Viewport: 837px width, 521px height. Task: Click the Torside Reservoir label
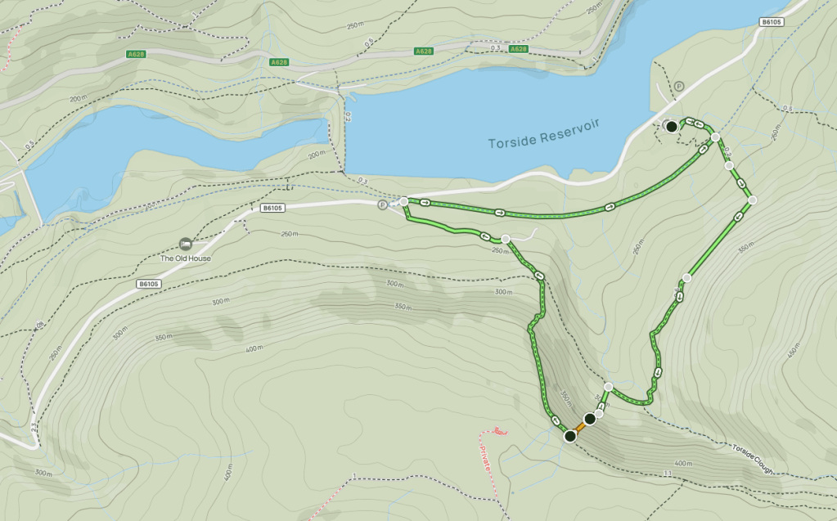(544, 133)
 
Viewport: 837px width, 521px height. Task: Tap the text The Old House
(185, 258)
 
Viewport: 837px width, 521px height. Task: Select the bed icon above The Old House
(185, 244)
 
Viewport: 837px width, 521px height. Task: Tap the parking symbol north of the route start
(678, 86)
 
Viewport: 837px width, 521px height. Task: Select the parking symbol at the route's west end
(382, 204)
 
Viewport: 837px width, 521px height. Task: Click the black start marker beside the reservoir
(671, 127)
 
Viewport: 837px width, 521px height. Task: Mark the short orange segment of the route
(578, 428)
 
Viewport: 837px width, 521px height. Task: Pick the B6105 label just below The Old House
(149, 284)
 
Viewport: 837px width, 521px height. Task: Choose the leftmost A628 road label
(137, 54)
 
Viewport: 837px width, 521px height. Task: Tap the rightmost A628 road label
(517, 50)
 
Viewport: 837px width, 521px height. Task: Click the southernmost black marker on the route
(570, 436)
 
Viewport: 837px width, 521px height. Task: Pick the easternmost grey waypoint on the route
(752, 200)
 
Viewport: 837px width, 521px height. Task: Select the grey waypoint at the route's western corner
(403, 201)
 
